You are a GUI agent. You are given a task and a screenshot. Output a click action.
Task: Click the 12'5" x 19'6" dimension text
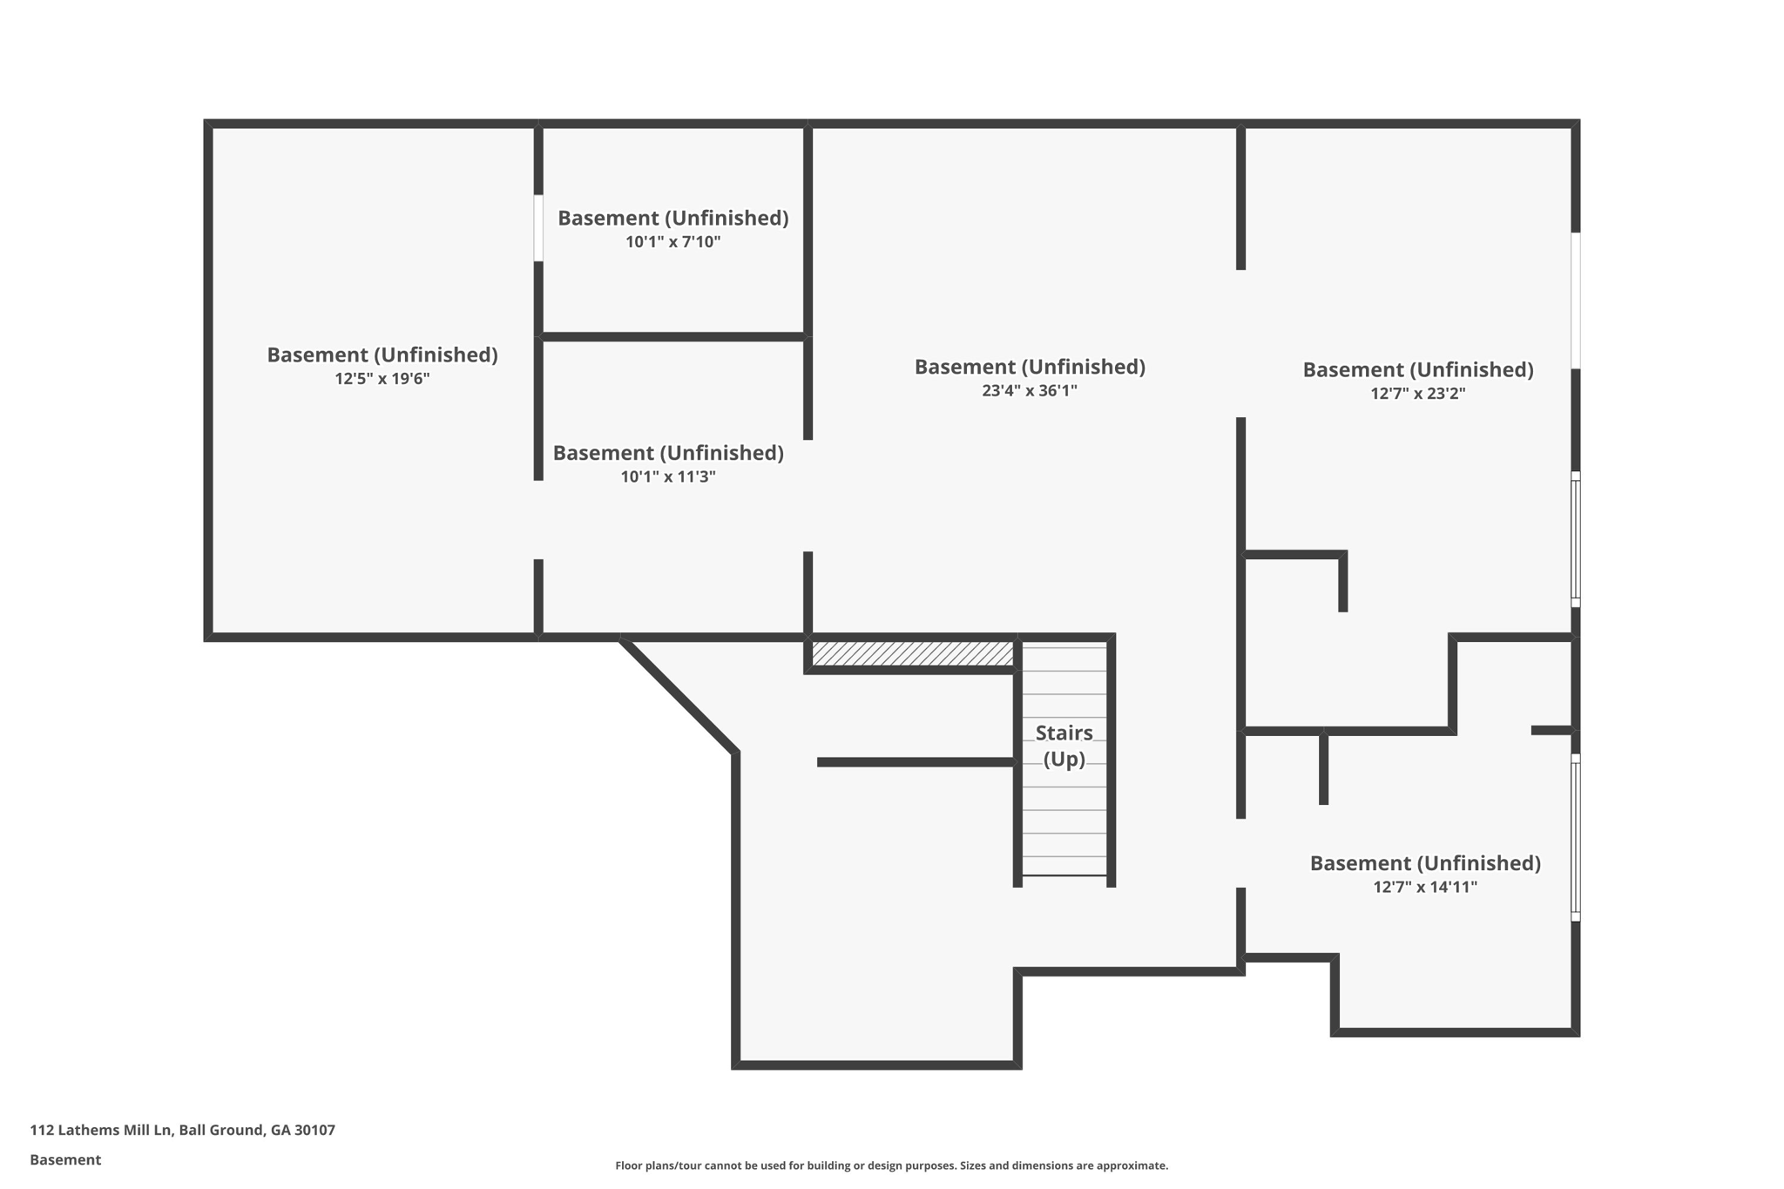pos(382,379)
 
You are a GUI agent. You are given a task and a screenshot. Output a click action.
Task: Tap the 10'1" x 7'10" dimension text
pos(672,242)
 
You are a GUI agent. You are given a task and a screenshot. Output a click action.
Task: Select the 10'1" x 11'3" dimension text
pos(668,476)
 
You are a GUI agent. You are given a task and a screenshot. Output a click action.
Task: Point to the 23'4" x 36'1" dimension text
pos(1029,391)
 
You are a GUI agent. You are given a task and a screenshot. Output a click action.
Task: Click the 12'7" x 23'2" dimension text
pos(1417,394)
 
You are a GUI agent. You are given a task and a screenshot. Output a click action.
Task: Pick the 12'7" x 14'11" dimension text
pos(1425,888)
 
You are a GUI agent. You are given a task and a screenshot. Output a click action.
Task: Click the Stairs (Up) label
pos(1064,746)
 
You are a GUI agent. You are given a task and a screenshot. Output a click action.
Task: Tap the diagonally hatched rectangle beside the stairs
pos(912,653)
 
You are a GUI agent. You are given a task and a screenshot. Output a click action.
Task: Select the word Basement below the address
pos(65,1159)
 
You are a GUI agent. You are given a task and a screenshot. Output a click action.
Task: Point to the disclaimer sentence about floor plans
pos(891,1165)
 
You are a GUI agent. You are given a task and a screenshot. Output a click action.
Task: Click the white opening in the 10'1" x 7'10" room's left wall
pos(538,228)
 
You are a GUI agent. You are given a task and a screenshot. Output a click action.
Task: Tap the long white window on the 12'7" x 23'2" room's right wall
pos(1575,301)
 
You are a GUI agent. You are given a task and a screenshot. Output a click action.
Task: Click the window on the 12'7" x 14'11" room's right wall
pos(1575,837)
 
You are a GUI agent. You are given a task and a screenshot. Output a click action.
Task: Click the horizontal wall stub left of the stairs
pos(915,762)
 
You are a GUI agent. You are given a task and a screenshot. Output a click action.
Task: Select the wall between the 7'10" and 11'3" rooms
pos(672,336)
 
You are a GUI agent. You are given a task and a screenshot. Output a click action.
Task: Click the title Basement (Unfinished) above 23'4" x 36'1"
pos(1029,367)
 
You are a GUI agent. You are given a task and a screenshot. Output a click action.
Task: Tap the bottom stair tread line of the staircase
pos(1064,875)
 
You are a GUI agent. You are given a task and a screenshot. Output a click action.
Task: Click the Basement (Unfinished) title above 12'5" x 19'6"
pos(382,355)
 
